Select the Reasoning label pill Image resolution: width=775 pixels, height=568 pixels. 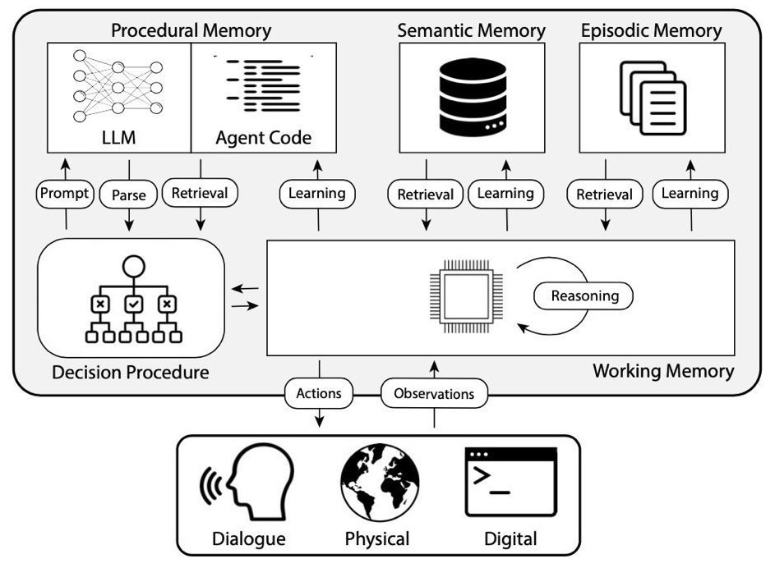(x=584, y=295)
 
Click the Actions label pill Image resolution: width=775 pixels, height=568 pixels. (x=319, y=393)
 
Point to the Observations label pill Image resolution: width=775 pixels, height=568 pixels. (x=434, y=394)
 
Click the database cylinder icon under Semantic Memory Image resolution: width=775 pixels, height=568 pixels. (x=472, y=98)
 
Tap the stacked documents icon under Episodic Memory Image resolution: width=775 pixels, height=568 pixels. (x=652, y=100)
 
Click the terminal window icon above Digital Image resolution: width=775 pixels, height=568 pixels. (x=510, y=481)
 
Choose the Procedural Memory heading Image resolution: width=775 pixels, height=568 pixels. (x=191, y=31)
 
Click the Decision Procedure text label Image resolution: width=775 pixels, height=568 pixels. (x=130, y=372)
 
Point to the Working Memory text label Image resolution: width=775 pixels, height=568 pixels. (x=662, y=371)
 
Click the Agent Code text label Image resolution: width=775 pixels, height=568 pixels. (x=263, y=138)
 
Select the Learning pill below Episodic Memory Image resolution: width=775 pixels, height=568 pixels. (x=690, y=194)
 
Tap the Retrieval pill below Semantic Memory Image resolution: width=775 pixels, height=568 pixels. (x=425, y=195)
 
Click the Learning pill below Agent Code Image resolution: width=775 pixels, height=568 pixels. (x=317, y=195)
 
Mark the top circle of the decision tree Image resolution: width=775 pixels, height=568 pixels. (x=133, y=266)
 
